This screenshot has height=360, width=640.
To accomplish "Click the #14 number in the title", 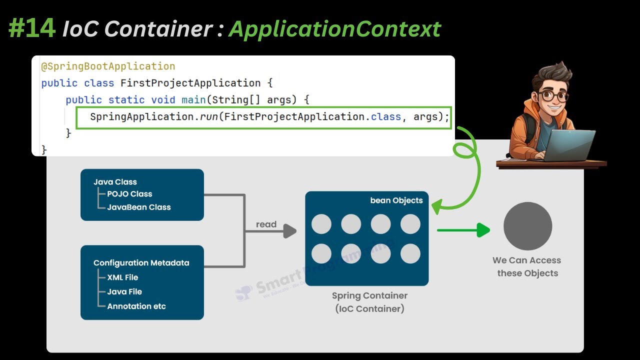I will click(31, 28).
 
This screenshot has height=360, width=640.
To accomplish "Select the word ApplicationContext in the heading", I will click(334, 29).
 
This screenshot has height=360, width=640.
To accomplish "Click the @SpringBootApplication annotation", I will click(108, 66).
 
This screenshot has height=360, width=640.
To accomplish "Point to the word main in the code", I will click(193, 99).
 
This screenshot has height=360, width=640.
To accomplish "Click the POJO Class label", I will click(129, 194).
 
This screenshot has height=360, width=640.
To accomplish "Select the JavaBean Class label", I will click(138, 207).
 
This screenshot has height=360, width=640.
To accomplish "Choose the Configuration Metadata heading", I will click(141, 263).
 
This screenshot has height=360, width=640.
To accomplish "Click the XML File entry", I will click(122, 277).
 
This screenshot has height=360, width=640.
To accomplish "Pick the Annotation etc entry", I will click(136, 306).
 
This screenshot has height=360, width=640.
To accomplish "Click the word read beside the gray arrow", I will click(266, 224).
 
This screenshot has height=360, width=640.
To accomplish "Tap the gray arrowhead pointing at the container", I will click(290, 231).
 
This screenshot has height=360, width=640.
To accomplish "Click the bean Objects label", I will click(396, 200).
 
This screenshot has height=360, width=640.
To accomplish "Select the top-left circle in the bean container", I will click(321, 224).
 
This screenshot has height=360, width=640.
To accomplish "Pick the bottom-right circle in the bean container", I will click(410, 254).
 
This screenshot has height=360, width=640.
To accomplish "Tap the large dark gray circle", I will click(527, 226).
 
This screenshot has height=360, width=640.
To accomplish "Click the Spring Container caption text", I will click(369, 295).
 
